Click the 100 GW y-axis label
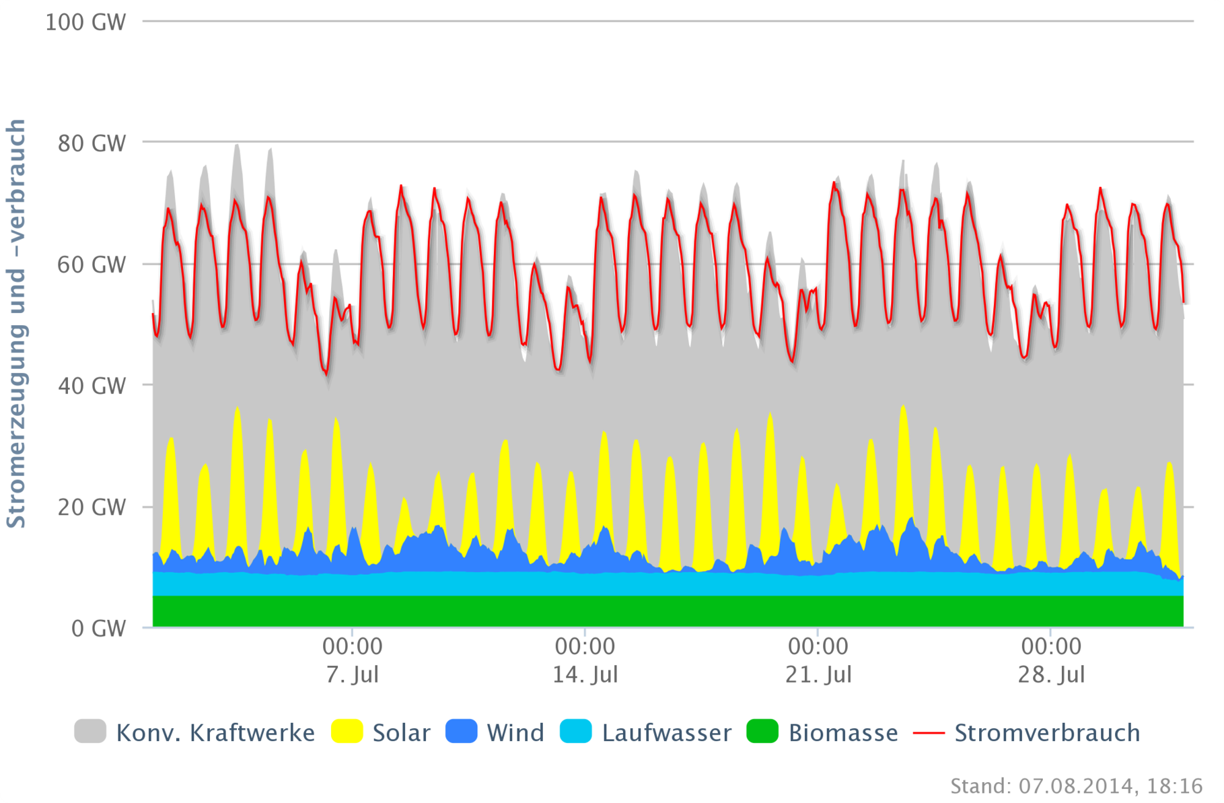[85, 22]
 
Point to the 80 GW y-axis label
[92, 143]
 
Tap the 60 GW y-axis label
[92, 265]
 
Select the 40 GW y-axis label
[92, 386]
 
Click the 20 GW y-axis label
[92, 507]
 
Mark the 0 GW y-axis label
[98, 629]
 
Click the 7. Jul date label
[352, 674]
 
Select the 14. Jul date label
[585, 674]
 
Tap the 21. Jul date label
[818, 674]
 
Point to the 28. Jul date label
[1051, 674]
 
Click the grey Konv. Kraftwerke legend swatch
[90, 732]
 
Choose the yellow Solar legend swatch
[347, 732]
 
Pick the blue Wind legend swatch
[461, 732]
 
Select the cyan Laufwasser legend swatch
[576, 732]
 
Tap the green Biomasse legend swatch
[762, 732]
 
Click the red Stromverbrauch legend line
[929, 732]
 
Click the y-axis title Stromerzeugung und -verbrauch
[16, 323]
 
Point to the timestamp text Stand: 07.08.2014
[1076, 785]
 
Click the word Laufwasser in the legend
[666, 732]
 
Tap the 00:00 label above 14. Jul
[585, 647]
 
